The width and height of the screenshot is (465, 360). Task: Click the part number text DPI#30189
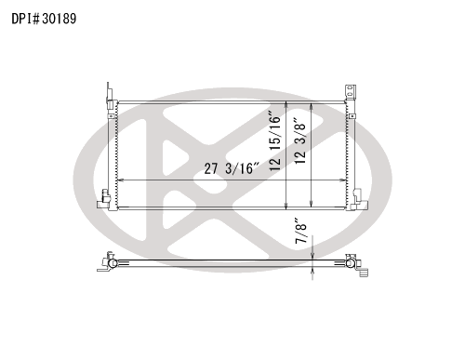44,19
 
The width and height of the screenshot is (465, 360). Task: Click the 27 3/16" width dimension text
232,168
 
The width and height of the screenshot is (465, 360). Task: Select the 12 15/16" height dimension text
275,140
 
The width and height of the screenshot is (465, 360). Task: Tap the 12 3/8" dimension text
300,141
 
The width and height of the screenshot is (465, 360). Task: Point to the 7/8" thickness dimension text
301,231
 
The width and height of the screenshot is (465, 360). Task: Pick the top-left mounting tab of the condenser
109,92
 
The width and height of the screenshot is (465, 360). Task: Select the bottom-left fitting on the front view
104,200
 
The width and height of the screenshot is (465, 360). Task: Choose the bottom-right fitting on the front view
360,200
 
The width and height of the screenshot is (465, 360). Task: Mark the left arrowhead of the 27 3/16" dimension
121,180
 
